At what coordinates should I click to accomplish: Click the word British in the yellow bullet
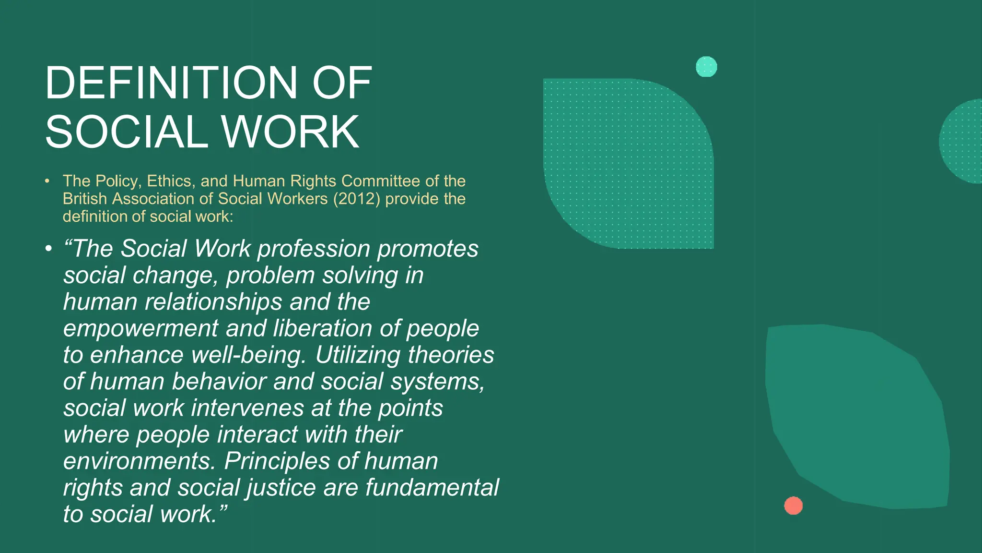pos(85,199)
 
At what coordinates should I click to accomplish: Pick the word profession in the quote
pos(314,249)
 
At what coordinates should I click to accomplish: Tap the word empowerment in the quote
pos(141,329)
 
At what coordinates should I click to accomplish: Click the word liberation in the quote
pos(323,329)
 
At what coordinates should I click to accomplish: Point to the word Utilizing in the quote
pos(358,355)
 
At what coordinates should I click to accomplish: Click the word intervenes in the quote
pos(247,409)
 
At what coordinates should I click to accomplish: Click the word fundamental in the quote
pos(432,488)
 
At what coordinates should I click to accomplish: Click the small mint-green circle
pos(706,67)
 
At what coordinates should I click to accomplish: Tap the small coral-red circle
pos(794,505)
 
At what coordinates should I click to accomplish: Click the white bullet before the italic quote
pos(48,249)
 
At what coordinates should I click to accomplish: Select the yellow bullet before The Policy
pos(47,181)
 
